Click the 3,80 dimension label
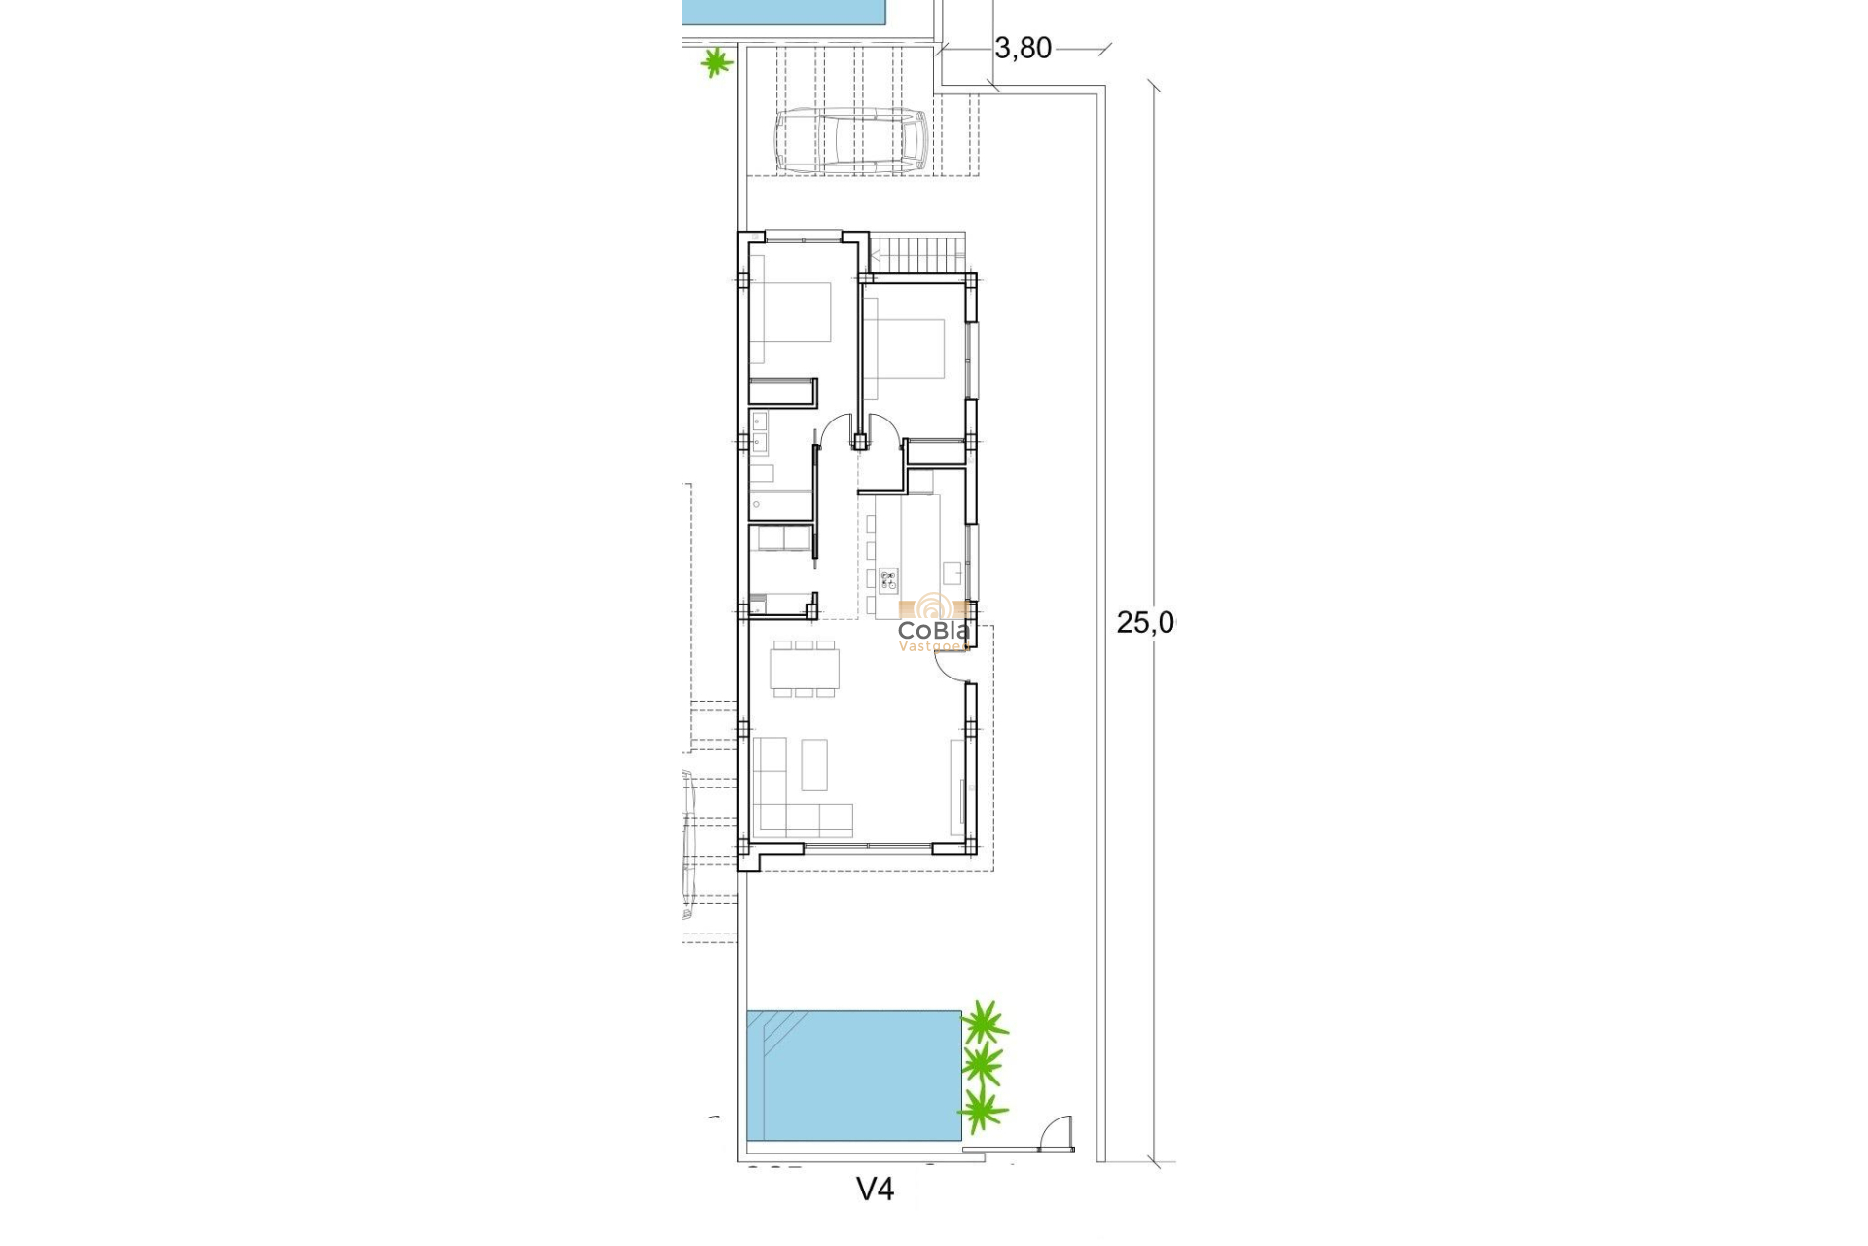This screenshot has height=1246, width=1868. click(x=1023, y=48)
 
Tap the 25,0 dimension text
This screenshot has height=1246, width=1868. click(x=1145, y=623)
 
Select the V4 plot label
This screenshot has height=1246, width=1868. click(x=875, y=1189)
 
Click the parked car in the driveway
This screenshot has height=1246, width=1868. click(x=850, y=140)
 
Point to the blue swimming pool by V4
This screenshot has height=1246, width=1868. click(x=852, y=1076)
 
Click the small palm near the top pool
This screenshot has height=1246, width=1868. click(x=716, y=63)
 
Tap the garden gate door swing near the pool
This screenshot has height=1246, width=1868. click(x=1056, y=1133)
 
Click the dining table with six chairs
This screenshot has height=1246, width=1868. click(x=804, y=669)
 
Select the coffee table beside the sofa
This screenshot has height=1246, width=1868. click(x=814, y=764)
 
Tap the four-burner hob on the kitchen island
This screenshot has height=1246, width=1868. click(x=888, y=582)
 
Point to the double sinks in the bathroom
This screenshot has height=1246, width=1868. click(x=759, y=432)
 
